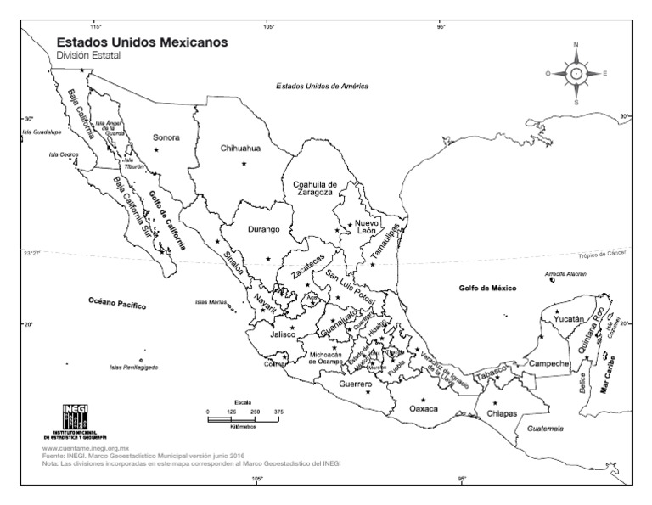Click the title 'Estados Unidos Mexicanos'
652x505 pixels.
(x=142, y=42)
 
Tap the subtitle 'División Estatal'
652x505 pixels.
(x=89, y=56)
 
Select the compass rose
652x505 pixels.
(x=576, y=73)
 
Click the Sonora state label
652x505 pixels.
(x=166, y=136)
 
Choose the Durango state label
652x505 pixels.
(x=262, y=229)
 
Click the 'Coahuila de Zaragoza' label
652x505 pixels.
(x=315, y=188)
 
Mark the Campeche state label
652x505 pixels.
(x=548, y=363)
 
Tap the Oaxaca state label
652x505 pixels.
(x=423, y=408)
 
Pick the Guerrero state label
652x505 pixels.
(x=357, y=384)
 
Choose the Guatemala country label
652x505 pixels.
(x=545, y=429)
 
